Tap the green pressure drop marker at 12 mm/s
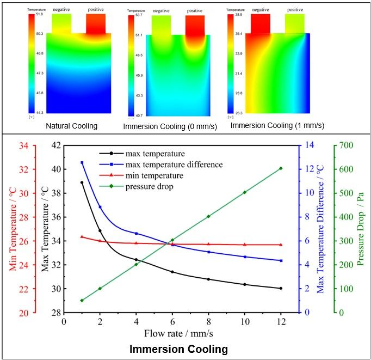coord(281,168)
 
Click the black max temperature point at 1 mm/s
coord(82,182)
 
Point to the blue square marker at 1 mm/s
coord(82,162)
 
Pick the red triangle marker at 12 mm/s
coord(281,245)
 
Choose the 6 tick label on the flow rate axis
coord(172,321)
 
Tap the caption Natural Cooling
coord(72,126)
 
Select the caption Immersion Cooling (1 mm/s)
coord(277,125)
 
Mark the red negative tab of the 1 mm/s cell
coord(261,23)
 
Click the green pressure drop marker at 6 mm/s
coord(172,240)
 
